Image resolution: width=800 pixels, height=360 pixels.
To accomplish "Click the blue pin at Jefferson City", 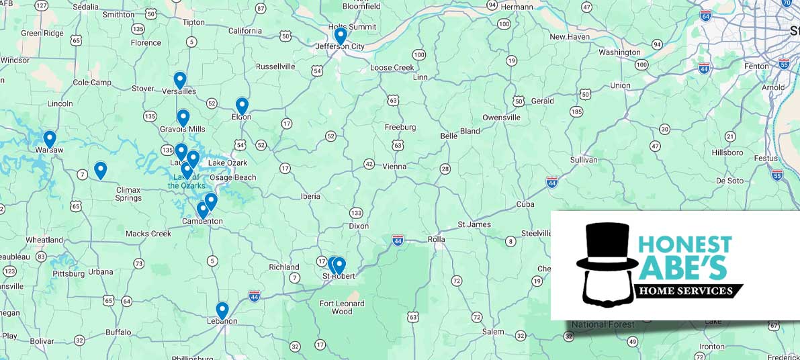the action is (x=341, y=35).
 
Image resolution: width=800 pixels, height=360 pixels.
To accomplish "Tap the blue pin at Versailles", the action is (x=179, y=80).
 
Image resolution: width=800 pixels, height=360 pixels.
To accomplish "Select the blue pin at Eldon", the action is (x=242, y=105).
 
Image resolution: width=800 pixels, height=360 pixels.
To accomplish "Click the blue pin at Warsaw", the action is (x=49, y=138).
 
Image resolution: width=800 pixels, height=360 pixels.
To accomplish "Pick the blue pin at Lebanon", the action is (x=222, y=310).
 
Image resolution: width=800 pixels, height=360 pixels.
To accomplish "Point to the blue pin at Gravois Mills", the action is (x=183, y=118).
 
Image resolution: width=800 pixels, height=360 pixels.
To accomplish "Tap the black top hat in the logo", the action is (x=607, y=247).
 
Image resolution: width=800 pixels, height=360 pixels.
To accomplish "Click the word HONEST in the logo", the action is (x=684, y=244).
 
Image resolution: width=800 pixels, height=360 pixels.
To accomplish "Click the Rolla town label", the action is (x=437, y=239).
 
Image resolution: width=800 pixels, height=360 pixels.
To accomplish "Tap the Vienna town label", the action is (x=394, y=166).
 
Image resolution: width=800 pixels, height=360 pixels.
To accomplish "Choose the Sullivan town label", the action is (x=583, y=160).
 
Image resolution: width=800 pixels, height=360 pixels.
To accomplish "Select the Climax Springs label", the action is (x=128, y=194).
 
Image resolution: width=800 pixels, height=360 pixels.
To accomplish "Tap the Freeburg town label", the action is (x=400, y=127).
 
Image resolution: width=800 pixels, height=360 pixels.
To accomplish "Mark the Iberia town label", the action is (x=310, y=196).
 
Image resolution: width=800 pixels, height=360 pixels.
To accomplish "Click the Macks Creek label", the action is (x=148, y=234).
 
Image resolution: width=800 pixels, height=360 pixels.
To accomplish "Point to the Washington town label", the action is (x=619, y=52).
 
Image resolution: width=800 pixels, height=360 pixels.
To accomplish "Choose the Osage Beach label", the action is (x=233, y=177).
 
